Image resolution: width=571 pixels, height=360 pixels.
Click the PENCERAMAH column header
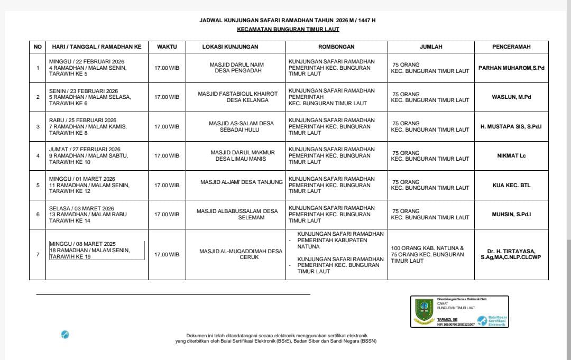(x=511, y=47)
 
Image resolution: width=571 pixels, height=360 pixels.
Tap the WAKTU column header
(x=167, y=47)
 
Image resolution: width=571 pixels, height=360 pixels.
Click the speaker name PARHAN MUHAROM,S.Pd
(x=511, y=68)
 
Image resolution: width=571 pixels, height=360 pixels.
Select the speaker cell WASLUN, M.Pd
(x=511, y=97)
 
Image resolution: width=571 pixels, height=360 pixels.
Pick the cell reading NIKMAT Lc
(x=511, y=156)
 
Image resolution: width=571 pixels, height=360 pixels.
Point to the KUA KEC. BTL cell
(x=511, y=185)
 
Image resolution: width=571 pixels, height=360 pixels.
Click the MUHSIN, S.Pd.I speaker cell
(x=511, y=215)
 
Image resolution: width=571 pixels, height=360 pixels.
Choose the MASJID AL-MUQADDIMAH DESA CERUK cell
(x=241, y=254)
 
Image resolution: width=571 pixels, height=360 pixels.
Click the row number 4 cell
(x=38, y=156)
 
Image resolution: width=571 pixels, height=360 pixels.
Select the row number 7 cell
(x=38, y=254)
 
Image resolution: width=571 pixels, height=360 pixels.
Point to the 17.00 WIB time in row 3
(x=167, y=127)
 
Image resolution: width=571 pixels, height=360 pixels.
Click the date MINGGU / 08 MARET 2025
(x=82, y=244)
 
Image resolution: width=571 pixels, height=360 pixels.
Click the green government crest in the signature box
(x=423, y=311)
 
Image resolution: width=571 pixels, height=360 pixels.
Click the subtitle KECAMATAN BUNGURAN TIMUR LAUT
(x=288, y=30)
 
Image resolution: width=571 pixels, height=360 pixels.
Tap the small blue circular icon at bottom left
(x=65, y=334)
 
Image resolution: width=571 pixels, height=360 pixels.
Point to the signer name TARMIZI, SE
(x=447, y=320)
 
